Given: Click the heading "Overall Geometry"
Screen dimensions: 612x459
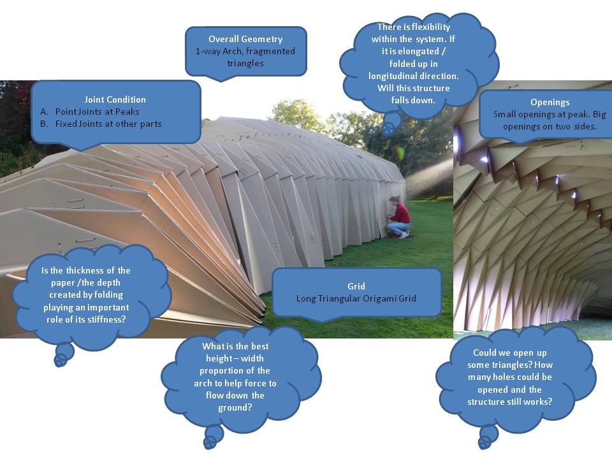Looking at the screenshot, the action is pos(245,39).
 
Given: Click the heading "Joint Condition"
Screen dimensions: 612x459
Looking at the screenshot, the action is pos(115,99).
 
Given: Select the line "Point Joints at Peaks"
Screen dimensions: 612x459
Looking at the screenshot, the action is pos(97,112).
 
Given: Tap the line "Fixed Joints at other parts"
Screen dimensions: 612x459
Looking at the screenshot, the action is pos(108,124).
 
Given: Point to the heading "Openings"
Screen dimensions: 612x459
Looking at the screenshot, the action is pos(550,102).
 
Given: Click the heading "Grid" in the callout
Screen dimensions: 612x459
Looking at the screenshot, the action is pos(356,286).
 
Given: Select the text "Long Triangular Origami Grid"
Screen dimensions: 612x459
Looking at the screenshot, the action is pos(356,298).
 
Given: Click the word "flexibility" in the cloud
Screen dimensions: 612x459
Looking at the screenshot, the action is pos(431,27).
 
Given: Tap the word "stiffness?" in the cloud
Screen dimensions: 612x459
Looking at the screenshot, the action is pos(106,319).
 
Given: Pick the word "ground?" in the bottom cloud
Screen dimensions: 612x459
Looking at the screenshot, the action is pos(235,407).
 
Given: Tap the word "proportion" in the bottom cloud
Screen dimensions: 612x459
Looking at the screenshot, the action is pos(219,370).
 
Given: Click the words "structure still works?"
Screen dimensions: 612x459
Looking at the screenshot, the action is pos(510,402).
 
